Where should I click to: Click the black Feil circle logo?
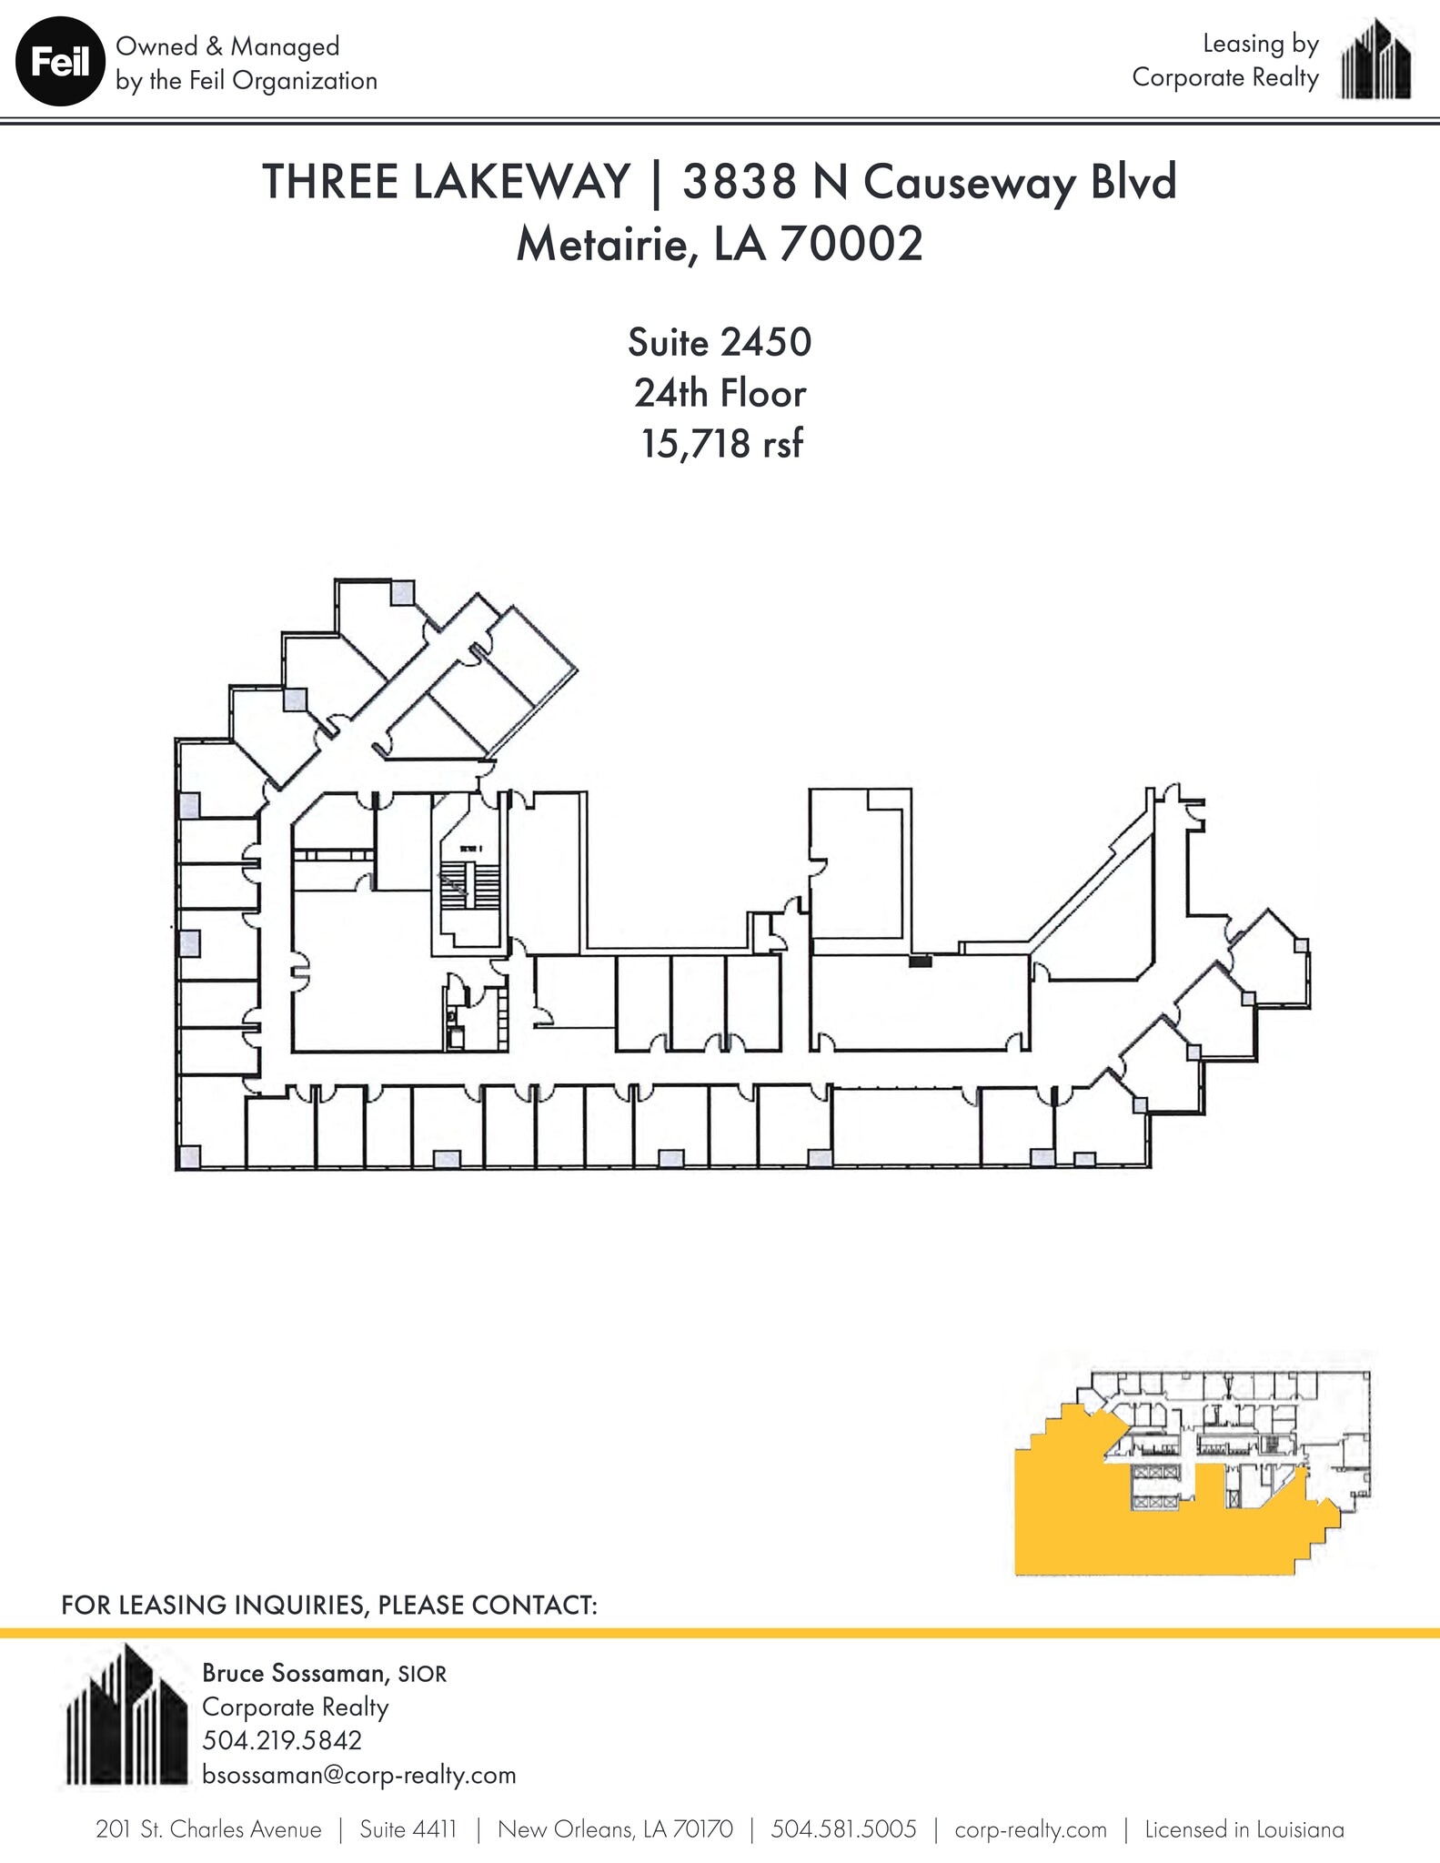click(61, 63)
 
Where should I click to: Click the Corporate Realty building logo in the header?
click(1376, 60)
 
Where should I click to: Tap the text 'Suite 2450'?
click(719, 343)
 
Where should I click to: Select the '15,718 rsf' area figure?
click(721, 444)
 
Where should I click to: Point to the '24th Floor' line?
click(720, 394)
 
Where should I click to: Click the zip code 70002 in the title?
click(851, 243)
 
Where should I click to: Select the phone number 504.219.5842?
click(282, 1740)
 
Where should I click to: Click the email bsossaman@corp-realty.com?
click(358, 1775)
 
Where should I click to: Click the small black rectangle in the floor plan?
click(920, 961)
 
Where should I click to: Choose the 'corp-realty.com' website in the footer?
click(1031, 1829)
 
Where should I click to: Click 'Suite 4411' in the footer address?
click(408, 1829)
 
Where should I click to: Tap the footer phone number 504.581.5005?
click(843, 1829)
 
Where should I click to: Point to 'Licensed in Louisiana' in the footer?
click(1244, 1829)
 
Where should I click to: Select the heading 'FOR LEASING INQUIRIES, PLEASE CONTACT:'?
click(329, 1605)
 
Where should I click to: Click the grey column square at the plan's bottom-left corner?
click(189, 1157)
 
